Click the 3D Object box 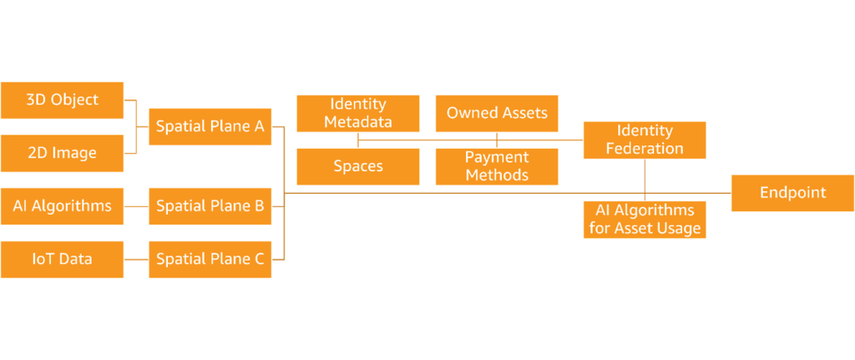point(63,100)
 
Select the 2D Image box point(63,153)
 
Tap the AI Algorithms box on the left point(63,206)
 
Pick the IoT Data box point(63,259)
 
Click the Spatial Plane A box point(210,127)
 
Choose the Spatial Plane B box point(210,206)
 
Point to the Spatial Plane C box point(210,259)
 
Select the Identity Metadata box point(358,114)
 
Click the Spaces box point(358,166)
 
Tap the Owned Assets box point(497,114)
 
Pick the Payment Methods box point(497,166)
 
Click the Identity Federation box point(645,139)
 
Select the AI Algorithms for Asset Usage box point(645,220)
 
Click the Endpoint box point(792,193)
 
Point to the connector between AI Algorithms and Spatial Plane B point(136,206)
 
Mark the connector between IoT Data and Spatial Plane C point(136,259)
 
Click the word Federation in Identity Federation point(645,149)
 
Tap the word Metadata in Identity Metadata point(358,122)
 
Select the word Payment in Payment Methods point(497,158)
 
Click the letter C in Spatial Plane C point(259,259)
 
